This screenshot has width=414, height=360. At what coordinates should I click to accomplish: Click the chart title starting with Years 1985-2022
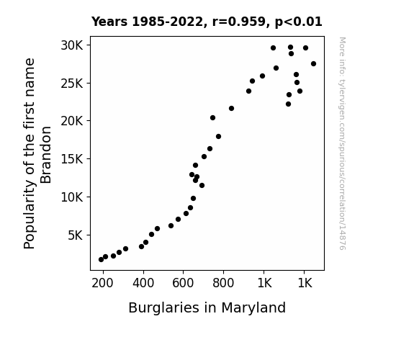click(x=207, y=22)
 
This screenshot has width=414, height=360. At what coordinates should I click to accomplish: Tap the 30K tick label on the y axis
click(x=72, y=45)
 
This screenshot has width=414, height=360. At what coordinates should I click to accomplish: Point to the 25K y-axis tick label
click(x=72, y=84)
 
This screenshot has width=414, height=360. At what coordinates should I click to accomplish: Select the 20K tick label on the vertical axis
click(x=72, y=121)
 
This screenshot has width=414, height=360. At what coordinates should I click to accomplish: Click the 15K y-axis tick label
click(x=72, y=159)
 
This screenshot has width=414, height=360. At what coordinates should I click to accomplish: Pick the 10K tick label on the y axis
click(x=72, y=197)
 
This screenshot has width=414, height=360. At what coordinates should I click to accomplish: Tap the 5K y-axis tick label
click(x=76, y=235)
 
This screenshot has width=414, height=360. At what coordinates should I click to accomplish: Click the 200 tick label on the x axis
click(x=102, y=284)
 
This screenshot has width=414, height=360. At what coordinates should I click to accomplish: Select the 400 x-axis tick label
click(x=143, y=284)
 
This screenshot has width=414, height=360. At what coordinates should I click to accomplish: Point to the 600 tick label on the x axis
click(x=183, y=284)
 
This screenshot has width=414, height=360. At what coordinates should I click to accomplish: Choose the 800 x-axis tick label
click(x=223, y=284)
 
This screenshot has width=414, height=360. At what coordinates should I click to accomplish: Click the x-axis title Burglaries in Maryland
click(x=207, y=308)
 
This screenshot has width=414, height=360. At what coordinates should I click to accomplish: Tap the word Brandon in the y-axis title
click(x=46, y=155)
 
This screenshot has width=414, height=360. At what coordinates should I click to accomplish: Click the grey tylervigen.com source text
click(x=342, y=143)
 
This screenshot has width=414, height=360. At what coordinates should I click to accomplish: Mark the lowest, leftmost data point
click(x=101, y=260)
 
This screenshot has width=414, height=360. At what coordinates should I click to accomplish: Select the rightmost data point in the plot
click(x=313, y=63)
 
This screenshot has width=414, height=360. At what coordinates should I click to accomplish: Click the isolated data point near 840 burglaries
click(x=232, y=108)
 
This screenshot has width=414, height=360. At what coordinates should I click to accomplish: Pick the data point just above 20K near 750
click(x=213, y=118)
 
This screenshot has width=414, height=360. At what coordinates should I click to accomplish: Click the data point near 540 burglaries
click(x=171, y=226)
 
